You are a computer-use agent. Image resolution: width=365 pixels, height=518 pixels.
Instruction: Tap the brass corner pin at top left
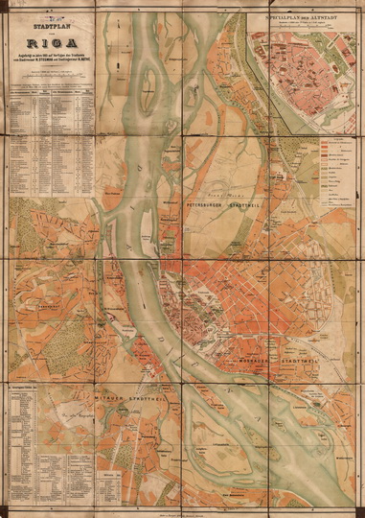coord(7,7)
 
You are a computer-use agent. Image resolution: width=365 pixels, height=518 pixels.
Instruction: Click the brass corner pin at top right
coord(358,7)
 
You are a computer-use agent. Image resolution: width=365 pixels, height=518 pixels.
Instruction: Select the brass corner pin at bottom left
coord(7,511)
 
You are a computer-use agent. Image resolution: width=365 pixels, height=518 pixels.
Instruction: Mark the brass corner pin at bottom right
coord(358,511)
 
